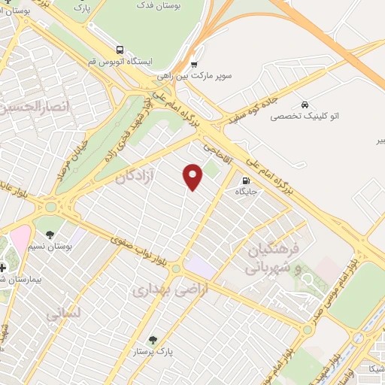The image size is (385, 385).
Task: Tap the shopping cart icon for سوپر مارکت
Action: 195,64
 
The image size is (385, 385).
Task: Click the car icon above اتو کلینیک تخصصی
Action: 305,104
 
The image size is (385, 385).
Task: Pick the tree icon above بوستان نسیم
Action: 50,234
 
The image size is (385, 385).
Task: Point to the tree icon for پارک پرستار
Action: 154,340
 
